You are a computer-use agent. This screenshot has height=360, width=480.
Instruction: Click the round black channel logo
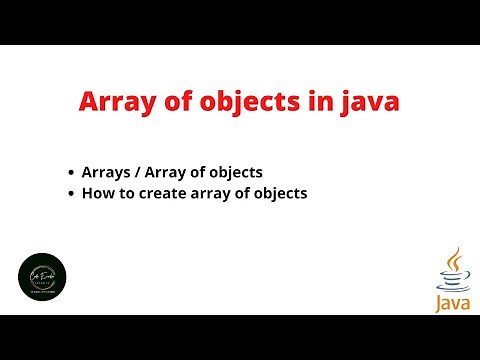pos(43,277)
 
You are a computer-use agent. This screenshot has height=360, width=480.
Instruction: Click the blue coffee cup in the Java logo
pos(450,280)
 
